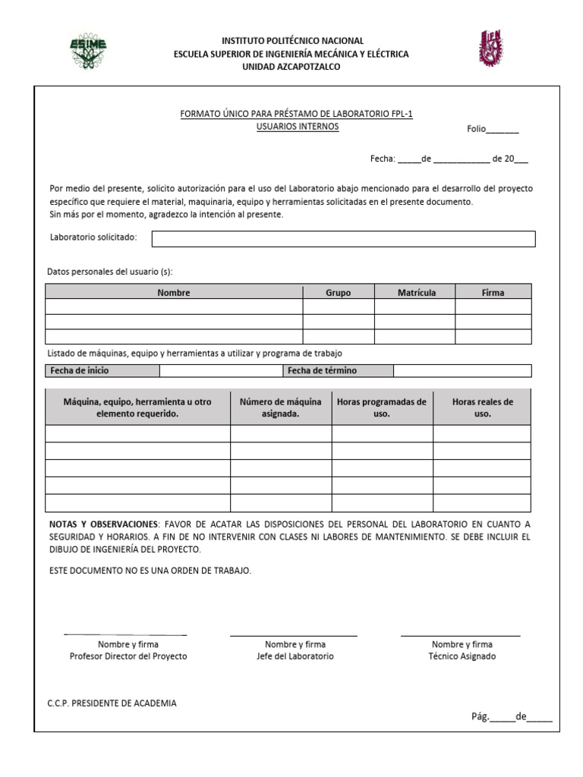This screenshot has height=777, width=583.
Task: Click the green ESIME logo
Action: point(89,51)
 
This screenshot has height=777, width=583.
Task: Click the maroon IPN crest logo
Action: point(490,48)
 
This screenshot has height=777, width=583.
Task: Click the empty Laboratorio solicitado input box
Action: point(343,239)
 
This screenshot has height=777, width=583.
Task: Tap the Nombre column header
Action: point(174,292)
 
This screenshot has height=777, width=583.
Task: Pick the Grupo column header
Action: point(338,292)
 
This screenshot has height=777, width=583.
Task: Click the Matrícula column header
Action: point(416,292)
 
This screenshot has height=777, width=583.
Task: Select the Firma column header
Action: point(493,292)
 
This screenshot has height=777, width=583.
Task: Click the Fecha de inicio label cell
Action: point(102,371)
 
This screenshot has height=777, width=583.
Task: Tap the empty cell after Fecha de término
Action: point(462,371)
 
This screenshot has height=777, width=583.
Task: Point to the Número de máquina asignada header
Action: point(281,407)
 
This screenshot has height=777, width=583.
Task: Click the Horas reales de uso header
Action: point(482,407)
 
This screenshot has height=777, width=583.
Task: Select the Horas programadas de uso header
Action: point(382,407)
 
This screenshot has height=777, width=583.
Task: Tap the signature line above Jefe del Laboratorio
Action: point(293,635)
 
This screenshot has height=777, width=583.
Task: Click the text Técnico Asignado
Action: point(462,656)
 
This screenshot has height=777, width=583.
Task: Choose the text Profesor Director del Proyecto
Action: point(128,656)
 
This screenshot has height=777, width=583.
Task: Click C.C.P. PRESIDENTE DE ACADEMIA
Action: point(112,703)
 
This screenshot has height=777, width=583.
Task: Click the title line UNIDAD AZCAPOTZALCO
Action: point(291,67)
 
